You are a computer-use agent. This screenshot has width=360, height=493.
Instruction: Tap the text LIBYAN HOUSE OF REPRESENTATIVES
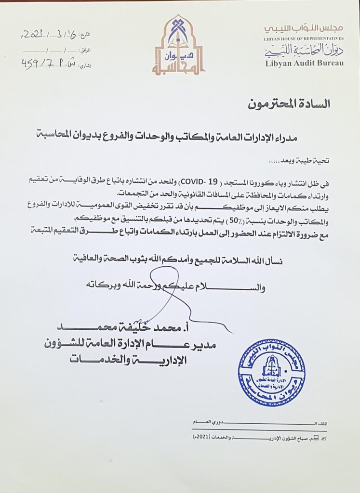304,38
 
